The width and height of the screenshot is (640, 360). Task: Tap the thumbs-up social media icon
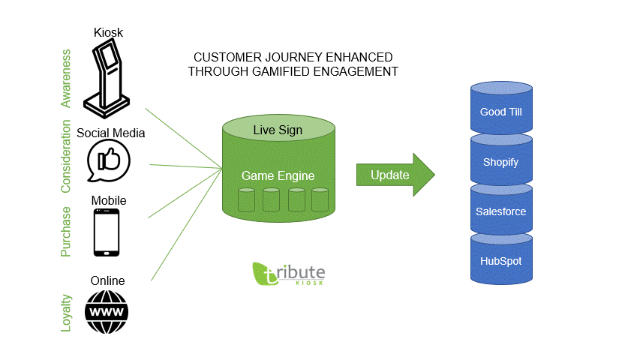pyautogui.click(x=108, y=160)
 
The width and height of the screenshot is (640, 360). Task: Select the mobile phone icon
pyautogui.click(x=107, y=232)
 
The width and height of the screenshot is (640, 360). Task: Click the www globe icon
pyautogui.click(x=107, y=312)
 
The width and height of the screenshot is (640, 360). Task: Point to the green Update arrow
pyautogui.click(x=395, y=175)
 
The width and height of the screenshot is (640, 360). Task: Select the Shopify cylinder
pyautogui.click(x=501, y=160)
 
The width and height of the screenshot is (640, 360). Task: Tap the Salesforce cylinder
pyautogui.click(x=501, y=210)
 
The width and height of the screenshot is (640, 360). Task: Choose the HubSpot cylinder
pyautogui.click(x=501, y=259)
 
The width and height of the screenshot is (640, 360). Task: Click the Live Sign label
pyautogui.click(x=278, y=130)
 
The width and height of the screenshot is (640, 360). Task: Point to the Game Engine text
pyautogui.click(x=278, y=175)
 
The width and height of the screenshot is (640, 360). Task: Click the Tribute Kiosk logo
pyautogui.click(x=289, y=274)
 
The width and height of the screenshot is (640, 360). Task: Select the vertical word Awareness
pyautogui.click(x=66, y=78)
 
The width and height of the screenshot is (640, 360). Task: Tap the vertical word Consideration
pyautogui.click(x=66, y=156)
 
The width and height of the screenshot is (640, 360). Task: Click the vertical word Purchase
pyautogui.click(x=66, y=232)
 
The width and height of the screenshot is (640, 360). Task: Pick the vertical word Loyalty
pyautogui.click(x=66, y=313)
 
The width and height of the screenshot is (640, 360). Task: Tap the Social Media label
pyautogui.click(x=110, y=133)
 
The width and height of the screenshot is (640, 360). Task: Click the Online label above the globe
pyautogui.click(x=108, y=280)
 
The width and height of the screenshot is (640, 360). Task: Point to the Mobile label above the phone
pyautogui.click(x=109, y=200)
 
